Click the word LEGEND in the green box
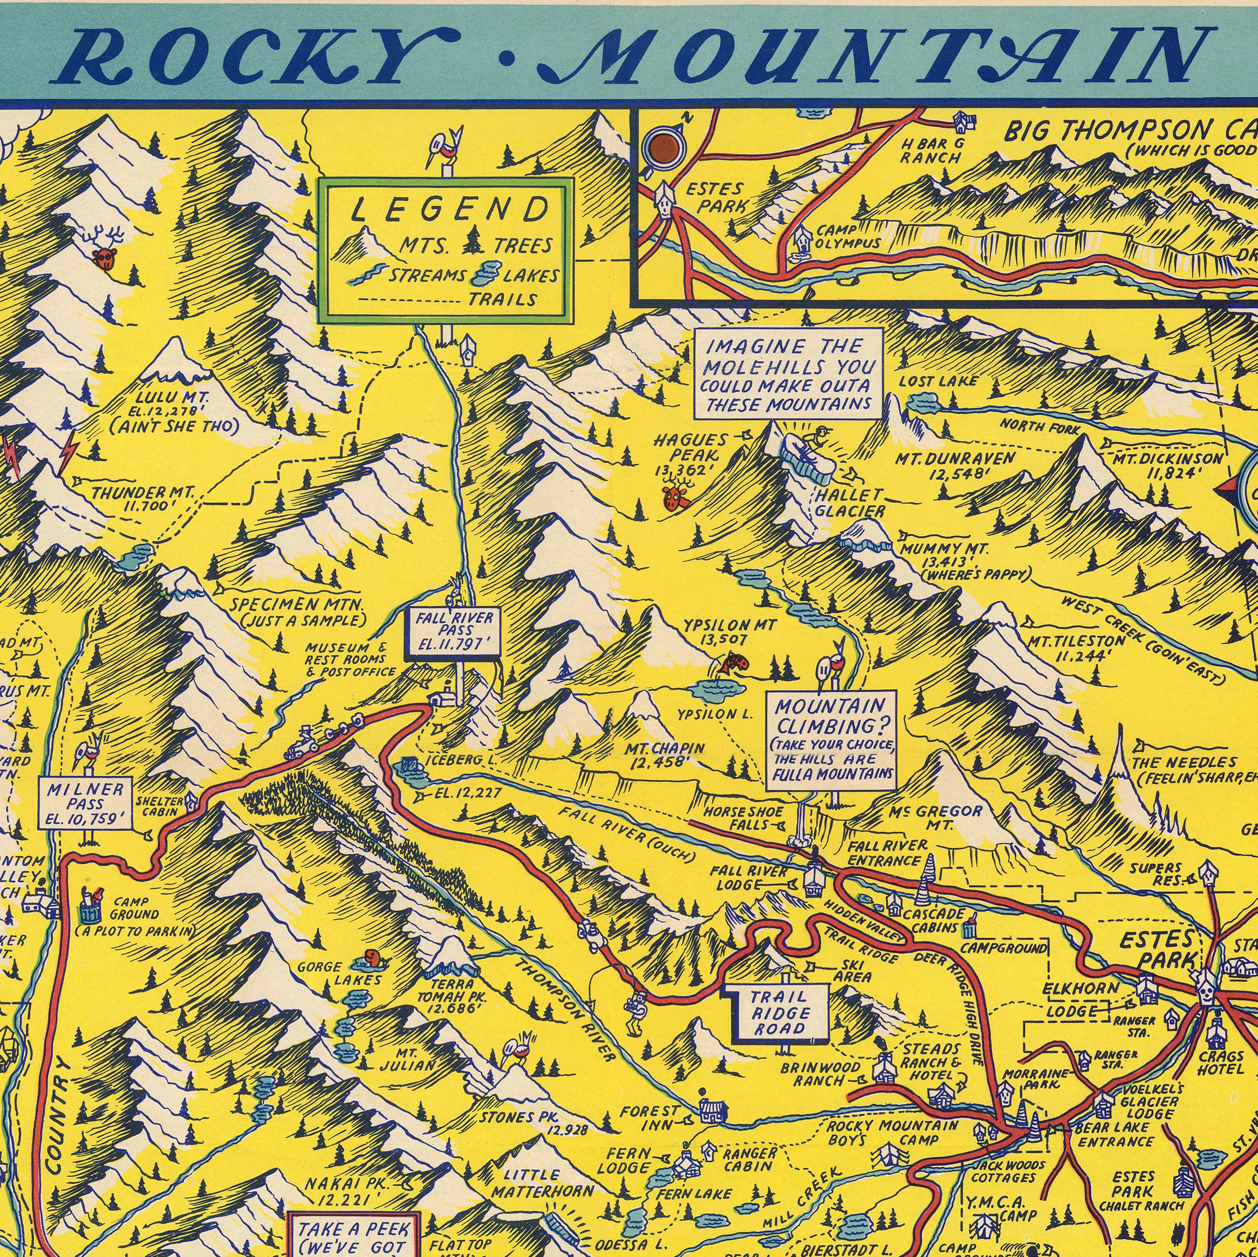tap(450, 210)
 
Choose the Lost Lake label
tap(938, 381)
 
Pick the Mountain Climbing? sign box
tap(831, 740)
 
